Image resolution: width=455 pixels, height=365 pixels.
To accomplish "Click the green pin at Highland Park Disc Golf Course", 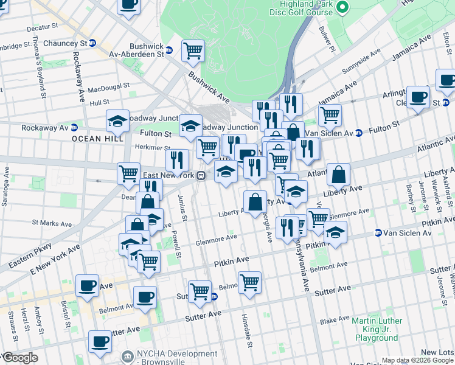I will [x=342, y=7].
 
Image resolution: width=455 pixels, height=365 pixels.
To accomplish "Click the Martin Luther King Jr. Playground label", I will [x=377, y=329].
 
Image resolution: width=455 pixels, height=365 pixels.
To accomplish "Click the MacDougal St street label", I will [x=109, y=88].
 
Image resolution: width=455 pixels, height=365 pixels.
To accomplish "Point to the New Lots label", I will [x=437, y=352].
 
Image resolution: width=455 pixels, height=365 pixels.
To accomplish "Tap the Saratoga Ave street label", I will [x=5, y=192].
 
